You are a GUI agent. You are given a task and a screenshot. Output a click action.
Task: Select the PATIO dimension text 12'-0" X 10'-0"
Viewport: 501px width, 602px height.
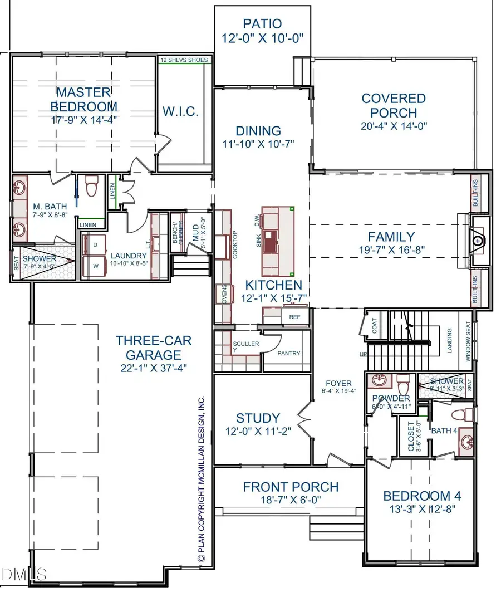[x=262, y=41]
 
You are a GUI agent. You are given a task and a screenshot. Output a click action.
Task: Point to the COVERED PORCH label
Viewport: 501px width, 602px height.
[x=394, y=106]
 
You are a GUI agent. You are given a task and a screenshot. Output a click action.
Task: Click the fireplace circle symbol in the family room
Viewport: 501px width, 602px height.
[x=478, y=241]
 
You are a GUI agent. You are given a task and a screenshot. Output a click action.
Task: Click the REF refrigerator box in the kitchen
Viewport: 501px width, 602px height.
[x=294, y=317]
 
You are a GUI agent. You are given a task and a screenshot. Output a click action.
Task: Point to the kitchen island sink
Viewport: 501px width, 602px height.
[x=271, y=241]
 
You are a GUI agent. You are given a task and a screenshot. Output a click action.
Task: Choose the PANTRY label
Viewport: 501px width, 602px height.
[x=288, y=353]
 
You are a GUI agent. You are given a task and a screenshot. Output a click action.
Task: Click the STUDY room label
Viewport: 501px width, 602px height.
[x=258, y=418]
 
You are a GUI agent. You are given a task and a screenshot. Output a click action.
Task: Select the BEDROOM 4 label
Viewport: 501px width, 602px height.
[x=422, y=496]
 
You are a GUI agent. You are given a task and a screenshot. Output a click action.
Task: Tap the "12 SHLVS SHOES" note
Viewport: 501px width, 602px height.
[x=184, y=60]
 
